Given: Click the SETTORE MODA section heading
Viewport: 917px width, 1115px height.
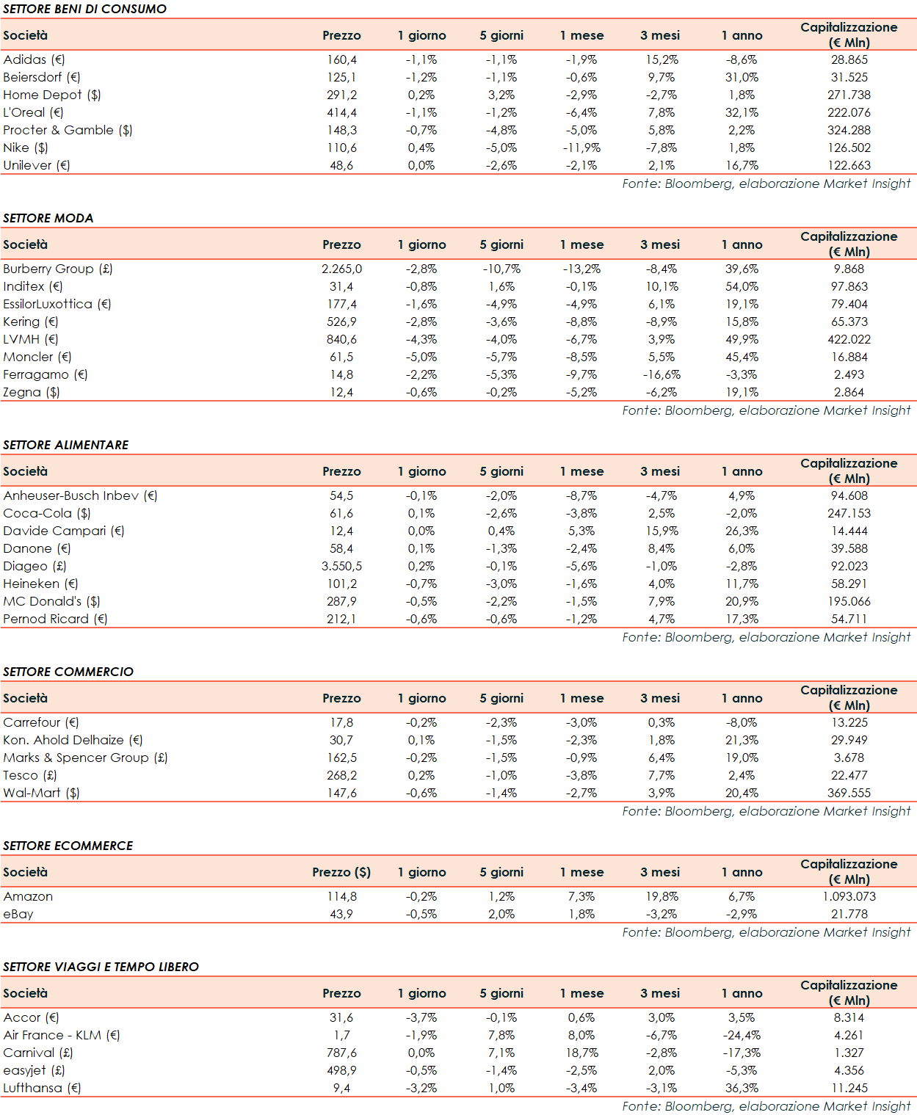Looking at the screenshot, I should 48,218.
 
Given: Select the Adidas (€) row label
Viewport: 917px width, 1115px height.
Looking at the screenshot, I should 34,59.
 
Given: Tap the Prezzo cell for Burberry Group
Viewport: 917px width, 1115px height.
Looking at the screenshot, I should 341,269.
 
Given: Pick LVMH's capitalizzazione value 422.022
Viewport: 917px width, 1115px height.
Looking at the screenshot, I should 849,339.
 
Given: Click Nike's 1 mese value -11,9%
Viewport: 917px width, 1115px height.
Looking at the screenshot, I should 581,148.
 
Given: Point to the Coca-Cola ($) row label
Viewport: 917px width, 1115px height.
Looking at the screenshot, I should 47,513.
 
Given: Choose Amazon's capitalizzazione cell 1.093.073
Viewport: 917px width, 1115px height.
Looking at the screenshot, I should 849,896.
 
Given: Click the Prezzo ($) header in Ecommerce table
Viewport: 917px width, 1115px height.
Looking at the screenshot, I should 341,872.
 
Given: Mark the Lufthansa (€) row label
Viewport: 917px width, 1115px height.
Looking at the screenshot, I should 42,1088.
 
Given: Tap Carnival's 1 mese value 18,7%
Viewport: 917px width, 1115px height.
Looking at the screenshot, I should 581,1053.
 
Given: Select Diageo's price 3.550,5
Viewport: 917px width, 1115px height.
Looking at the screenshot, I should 341,566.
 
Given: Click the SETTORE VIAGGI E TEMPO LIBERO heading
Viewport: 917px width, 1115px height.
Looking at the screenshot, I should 101,967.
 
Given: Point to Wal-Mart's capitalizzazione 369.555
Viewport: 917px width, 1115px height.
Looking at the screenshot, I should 849,793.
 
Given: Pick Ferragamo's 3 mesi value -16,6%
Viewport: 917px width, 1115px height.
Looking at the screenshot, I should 662,374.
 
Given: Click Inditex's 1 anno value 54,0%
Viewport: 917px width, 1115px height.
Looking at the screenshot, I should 742,286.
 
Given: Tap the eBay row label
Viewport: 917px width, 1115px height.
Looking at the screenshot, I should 18,914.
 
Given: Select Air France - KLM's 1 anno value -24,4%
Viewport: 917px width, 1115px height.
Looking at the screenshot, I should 742,1035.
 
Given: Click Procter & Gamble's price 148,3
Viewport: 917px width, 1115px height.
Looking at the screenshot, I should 341,130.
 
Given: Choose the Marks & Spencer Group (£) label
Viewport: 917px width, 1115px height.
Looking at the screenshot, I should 85,758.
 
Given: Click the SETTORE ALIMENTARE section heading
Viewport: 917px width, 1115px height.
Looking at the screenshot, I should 65,445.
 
